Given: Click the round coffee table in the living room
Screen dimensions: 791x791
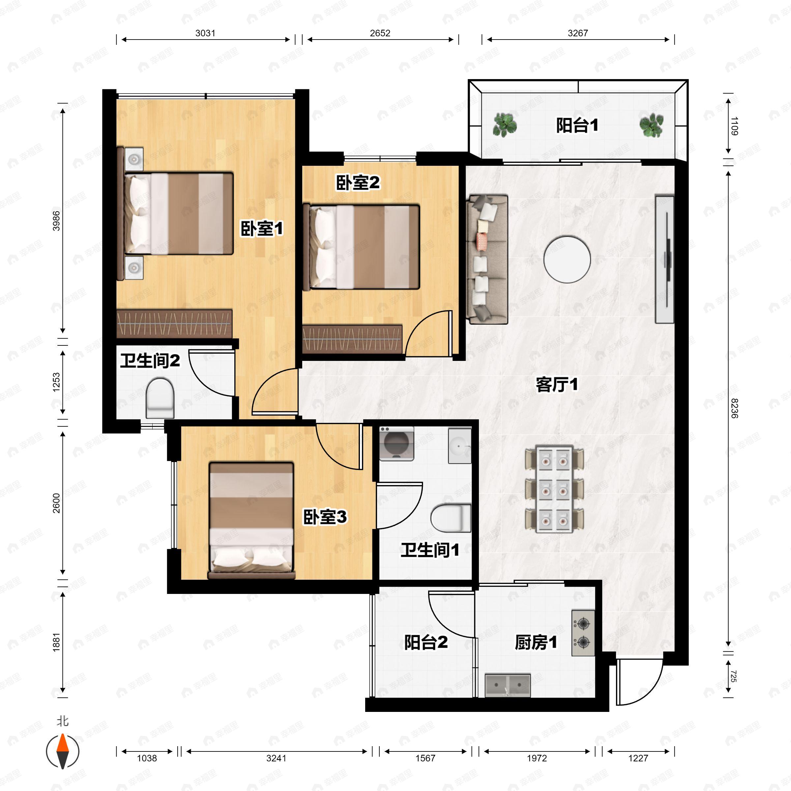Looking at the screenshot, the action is pos(567,259).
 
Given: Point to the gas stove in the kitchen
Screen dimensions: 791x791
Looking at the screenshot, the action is pos(583,633).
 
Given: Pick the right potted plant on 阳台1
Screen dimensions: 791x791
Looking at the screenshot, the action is pos(651,125).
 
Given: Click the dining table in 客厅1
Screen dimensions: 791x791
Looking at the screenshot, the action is pos(554,490).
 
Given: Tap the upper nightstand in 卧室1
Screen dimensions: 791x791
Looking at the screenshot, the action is pos(134,159).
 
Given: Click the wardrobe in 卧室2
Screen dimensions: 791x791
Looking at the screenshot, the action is pos(352,339).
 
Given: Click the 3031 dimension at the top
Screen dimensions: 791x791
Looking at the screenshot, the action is pos(205,33).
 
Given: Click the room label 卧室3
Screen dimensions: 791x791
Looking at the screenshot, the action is pos(325,517).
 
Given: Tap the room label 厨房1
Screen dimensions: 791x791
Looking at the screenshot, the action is pos(536,643).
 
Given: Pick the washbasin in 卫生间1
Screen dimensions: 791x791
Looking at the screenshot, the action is pos(460,446).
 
